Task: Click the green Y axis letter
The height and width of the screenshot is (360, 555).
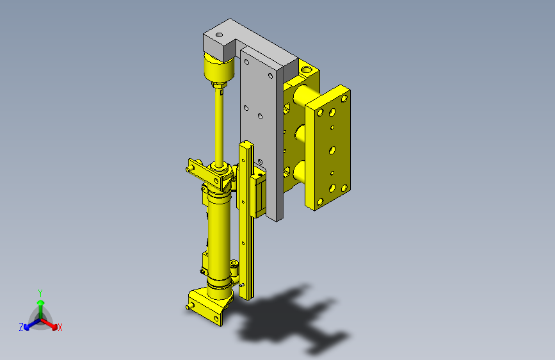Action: (40, 293)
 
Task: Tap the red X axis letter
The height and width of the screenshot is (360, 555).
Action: (60, 327)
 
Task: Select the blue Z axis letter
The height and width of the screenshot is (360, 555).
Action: (21, 327)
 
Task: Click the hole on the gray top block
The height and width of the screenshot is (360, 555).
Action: (219, 35)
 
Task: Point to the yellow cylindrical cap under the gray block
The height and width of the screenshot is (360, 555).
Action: (219, 68)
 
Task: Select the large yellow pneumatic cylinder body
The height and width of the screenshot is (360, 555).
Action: (219, 245)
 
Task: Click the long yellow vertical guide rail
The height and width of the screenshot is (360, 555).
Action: (246, 220)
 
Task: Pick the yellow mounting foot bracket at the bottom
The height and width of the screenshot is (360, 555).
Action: (209, 306)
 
